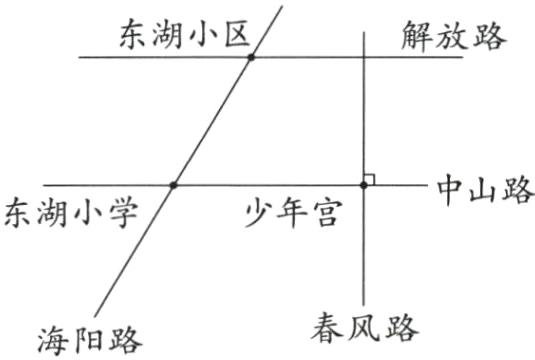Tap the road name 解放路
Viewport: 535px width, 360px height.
pyautogui.click(x=455, y=36)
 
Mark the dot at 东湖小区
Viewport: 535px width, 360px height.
pyautogui.click(x=251, y=57)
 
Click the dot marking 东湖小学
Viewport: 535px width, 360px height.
pyautogui.click(x=173, y=185)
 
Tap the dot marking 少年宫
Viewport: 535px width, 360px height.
pyautogui.click(x=364, y=185)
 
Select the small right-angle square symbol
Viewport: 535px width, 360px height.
pyautogui.click(x=370, y=179)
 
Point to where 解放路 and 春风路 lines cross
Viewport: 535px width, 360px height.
pyautogui.click(x=364, y=57)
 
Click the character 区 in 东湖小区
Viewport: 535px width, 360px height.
pyautogui.click(x=229, y=37)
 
